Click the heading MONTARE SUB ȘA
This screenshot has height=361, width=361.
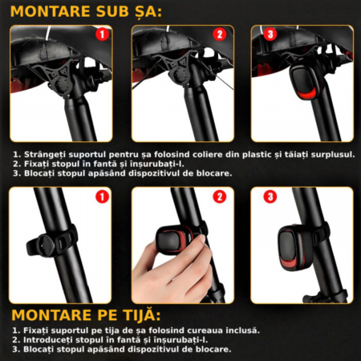86,11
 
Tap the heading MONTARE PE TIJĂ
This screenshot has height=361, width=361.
86,315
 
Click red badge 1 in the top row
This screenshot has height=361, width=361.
102,34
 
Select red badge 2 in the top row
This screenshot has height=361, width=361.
220,34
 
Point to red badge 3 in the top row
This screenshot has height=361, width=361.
270,34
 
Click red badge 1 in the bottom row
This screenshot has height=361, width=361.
102,197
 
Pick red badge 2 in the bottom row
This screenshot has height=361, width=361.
220,197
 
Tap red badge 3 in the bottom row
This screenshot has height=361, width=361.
270,197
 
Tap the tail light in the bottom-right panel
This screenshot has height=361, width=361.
295,246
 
